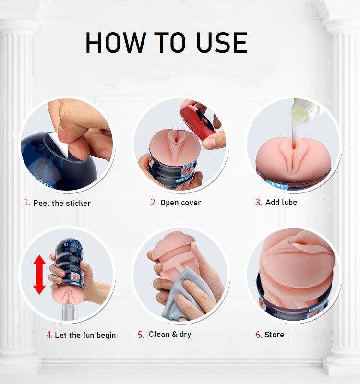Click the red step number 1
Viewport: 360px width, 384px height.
click(x=27, y=203)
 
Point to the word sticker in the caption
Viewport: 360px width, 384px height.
click(x=78, y=203)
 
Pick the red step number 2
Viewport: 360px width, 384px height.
click(x=154, y=202)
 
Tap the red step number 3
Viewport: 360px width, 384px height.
click(x=259, y=202)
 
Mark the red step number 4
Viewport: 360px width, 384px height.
click(x=49, y=335)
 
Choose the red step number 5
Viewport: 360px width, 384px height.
click(x=141, y=335)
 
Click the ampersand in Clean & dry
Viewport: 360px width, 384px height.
click(x=174, y=334)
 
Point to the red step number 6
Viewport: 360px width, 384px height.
click(x=259, y=335)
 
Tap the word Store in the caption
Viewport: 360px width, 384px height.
click(x=274, y=335)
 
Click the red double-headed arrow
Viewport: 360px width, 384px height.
click(x=39, y=275)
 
